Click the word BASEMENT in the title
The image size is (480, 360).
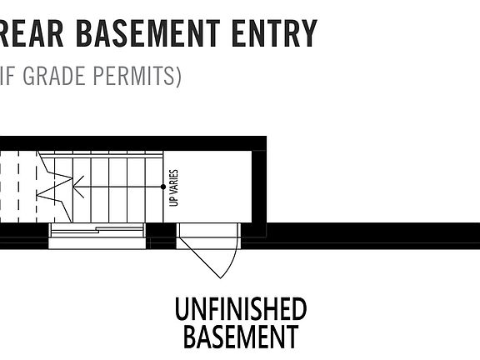(x=147, y=33)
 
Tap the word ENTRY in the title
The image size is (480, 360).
(x=274, y=33)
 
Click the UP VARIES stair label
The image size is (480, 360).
(x=173, y=188)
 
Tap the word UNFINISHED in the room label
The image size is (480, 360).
(x=241, y=309)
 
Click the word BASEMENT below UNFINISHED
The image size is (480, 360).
(x=241, y=336)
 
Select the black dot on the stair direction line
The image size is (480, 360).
(x=163, y=187)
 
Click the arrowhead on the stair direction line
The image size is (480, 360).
(x=77, y=187)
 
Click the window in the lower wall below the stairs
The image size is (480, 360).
(x=97, y=236)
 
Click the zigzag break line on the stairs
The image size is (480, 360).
(x=55, y=187)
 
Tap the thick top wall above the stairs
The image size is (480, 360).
(x=133, y=143)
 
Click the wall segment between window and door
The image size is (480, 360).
(x=161, y=236)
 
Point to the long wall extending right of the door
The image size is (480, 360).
(x=361, y=236)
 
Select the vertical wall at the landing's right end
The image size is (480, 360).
(x=259, y=187)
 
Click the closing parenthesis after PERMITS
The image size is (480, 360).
(x=178, y=77)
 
